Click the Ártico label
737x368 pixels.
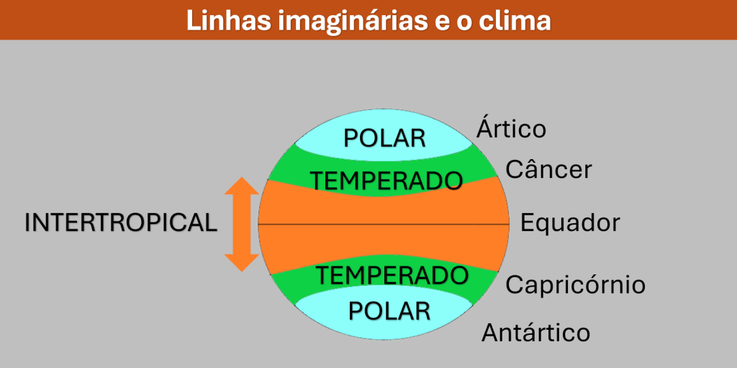tap(512, 128)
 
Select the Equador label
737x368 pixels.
tap(570, 223)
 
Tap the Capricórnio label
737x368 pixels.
tap(575, 285)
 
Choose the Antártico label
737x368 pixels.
tap(535, 333)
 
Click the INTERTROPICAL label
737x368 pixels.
tap(121, 223)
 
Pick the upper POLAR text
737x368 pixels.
tap(384, 138)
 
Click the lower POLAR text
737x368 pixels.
tap(389, 311)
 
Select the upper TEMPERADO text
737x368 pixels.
tap(386, 180)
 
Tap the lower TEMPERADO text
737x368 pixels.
tap(392, 275)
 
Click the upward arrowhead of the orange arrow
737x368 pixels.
tap(242, 185)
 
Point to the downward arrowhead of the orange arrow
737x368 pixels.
tap(242, 263)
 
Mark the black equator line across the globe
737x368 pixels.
tap(384, 225)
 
